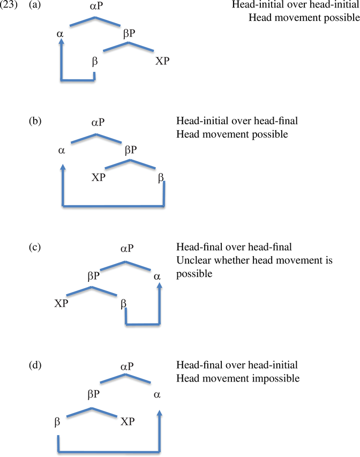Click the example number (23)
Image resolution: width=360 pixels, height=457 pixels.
click(x=9, y=5)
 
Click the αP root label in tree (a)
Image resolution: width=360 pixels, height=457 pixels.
click(x=96, y=5)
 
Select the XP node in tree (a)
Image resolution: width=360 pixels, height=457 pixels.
click(x=162, y=61)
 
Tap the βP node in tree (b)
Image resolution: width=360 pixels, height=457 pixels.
click(x=131, y=150)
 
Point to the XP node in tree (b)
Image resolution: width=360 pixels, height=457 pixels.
click(x=98, y=177)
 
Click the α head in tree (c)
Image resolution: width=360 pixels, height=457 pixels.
click(x=157, y=276)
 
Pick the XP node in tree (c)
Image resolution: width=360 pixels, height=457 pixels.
click(x=61, y=303)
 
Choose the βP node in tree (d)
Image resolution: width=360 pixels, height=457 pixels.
click(x=94, y=394)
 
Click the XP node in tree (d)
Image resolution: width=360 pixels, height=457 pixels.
click(x=127, y=422)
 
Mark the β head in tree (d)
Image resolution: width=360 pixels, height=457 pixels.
click(x=57, y=422)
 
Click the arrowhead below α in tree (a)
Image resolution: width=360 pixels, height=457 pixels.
click(x=61, y=41)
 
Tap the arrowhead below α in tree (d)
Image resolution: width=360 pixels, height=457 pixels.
click(x=159, y=413)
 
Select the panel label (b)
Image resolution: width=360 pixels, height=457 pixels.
click(x=35, y=121)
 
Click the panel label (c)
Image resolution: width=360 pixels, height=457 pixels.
click(x=35, y=247)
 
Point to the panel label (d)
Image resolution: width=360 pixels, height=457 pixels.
click(x=35, y=365)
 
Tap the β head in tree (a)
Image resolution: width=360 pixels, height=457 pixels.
click(x=94, y=62)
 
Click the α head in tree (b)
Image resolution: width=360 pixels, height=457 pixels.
click(x=61, y=151)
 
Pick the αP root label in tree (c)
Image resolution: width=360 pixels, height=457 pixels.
click(x=127, y=249)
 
